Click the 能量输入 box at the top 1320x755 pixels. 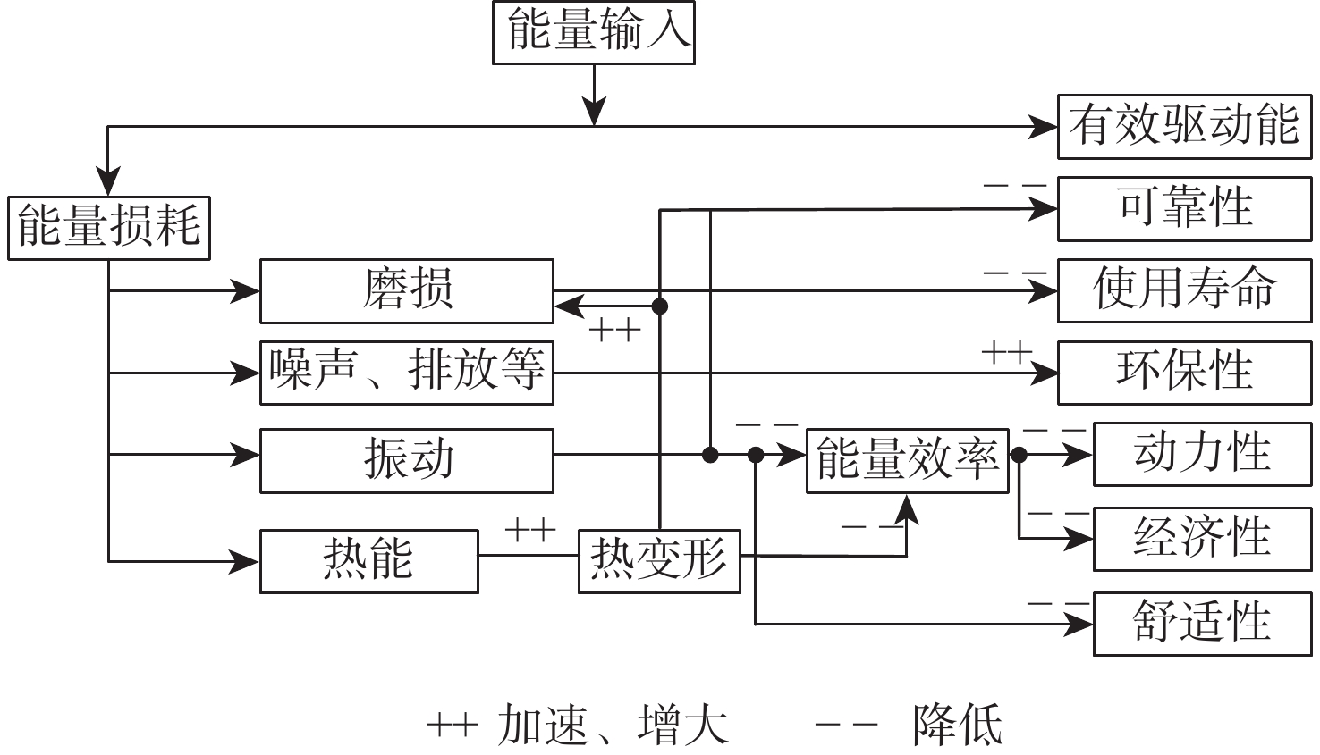click(593, 33)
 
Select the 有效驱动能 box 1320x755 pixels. click(1183, 127)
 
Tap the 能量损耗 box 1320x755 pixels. click(109, 228)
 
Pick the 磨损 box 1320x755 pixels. click(407, 290)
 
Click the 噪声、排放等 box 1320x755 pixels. click(407, 372)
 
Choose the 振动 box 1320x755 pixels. click(407, 460)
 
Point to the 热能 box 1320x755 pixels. click(368, 560)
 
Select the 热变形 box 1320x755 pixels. click(659, 560)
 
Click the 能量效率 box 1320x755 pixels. click(907, 460)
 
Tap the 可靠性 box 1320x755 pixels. click(1183, 208)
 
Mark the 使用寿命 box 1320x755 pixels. click(1183, 290)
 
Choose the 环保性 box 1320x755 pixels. click(1183, 372)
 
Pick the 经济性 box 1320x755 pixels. click(1202, 539)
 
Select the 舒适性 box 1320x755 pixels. click(1202, 623)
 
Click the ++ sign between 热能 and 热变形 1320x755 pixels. click(530, 530)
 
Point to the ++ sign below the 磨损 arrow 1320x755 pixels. click(615, 331)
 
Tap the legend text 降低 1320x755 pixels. click(957, 725)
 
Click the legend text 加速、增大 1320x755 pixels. click(613, 725)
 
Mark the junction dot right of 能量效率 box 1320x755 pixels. click(1019, 455)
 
